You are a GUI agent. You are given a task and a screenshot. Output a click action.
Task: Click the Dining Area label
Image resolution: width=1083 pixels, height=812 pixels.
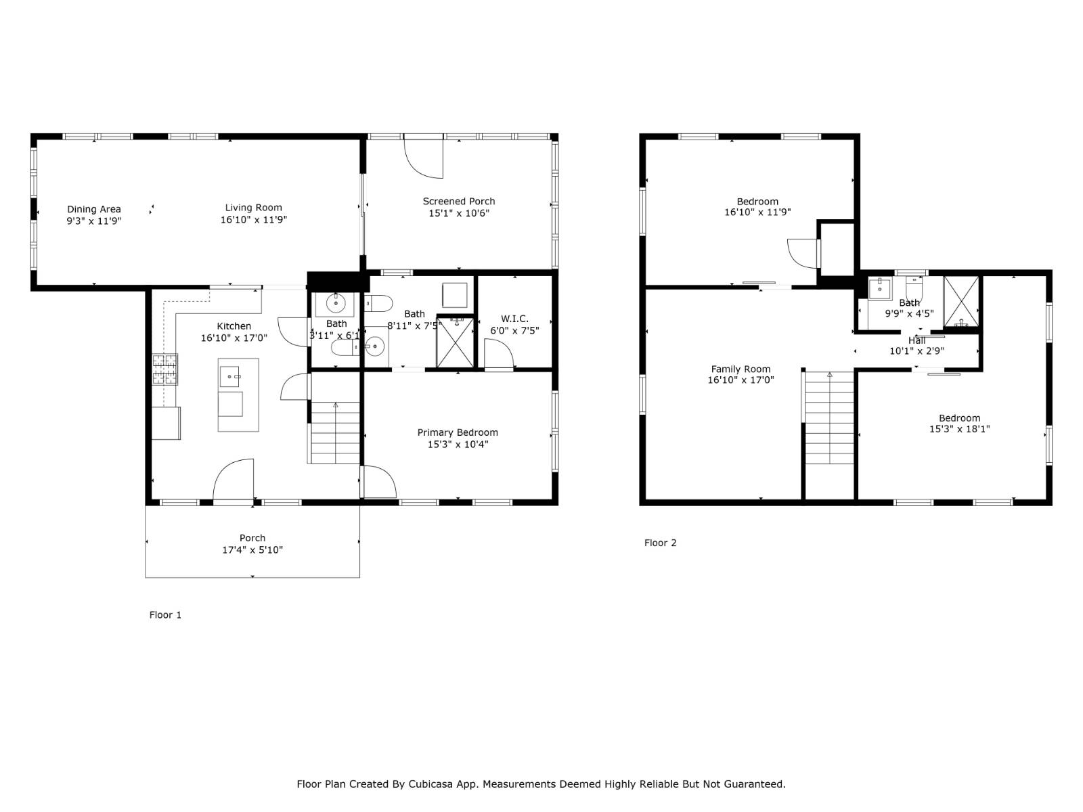[93, 209]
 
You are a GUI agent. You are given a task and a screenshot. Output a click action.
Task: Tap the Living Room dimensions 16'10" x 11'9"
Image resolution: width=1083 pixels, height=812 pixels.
[254, 220]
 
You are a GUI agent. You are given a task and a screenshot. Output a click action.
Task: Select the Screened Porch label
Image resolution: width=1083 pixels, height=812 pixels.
[459, 201]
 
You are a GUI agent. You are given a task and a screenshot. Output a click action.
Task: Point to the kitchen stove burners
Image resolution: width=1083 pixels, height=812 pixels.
[164, 369]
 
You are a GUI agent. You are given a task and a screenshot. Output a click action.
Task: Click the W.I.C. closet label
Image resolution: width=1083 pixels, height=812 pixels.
[514, 319]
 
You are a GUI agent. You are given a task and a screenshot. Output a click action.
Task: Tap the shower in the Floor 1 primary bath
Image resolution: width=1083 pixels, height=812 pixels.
[454, 343]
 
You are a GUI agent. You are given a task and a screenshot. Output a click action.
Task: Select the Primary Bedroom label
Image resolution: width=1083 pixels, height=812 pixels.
[458, 432]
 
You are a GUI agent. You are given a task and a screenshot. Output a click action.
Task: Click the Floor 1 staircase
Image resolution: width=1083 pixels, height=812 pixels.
[335, 433]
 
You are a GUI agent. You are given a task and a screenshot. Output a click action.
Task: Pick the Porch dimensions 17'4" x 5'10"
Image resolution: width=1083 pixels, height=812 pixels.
[252, 550]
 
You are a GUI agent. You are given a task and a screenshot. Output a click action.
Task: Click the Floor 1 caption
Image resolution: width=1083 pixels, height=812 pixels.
[165, 615]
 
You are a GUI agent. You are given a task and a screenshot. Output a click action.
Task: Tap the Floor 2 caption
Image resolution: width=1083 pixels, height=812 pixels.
[660, 543]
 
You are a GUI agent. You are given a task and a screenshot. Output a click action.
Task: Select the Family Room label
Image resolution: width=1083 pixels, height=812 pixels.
[741, 369]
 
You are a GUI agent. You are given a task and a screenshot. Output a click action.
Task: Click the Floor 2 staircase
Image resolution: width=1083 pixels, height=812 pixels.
[829, 420]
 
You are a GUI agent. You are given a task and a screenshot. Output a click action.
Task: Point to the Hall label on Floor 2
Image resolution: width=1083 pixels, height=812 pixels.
[916, 340]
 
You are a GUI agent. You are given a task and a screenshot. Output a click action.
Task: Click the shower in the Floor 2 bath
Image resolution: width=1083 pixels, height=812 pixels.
[961, 302]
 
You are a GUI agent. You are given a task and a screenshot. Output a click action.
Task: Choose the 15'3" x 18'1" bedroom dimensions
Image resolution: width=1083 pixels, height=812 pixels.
[959, 428]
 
